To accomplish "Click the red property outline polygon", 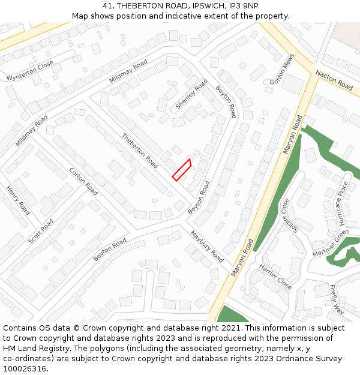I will [182, 169].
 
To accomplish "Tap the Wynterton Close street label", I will [30, 70].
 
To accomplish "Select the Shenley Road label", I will [191, 94].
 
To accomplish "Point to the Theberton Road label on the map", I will [140, 150].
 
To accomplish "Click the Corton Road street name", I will [83, 181].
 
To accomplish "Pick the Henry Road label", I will [18, 200].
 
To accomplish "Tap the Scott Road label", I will [41, 231].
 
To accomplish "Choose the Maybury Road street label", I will [207, 247].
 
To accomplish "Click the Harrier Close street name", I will [275, 276].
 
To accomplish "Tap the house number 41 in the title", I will [107, 5].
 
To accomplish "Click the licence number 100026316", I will [24, 368].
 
